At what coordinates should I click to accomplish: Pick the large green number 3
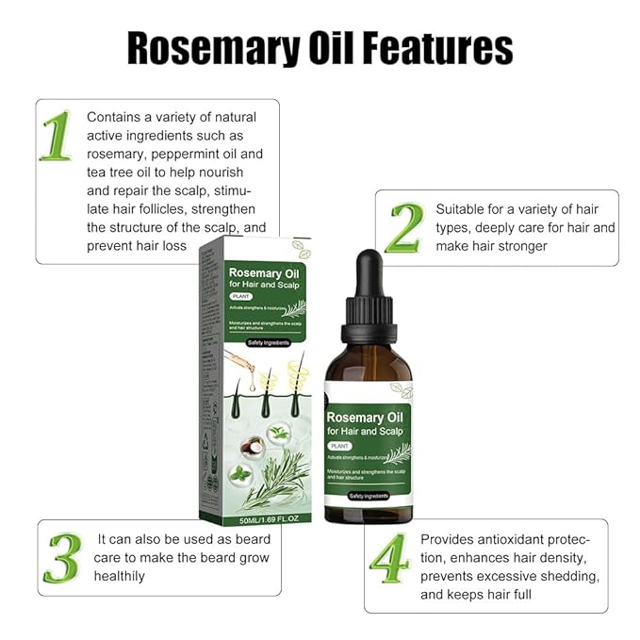click(x=62, y=557)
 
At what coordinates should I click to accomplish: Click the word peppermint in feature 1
click(x=192, y=154)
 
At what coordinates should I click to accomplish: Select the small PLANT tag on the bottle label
click(x=340, y=446)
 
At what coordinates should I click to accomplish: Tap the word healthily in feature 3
click(x=119, y=575)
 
